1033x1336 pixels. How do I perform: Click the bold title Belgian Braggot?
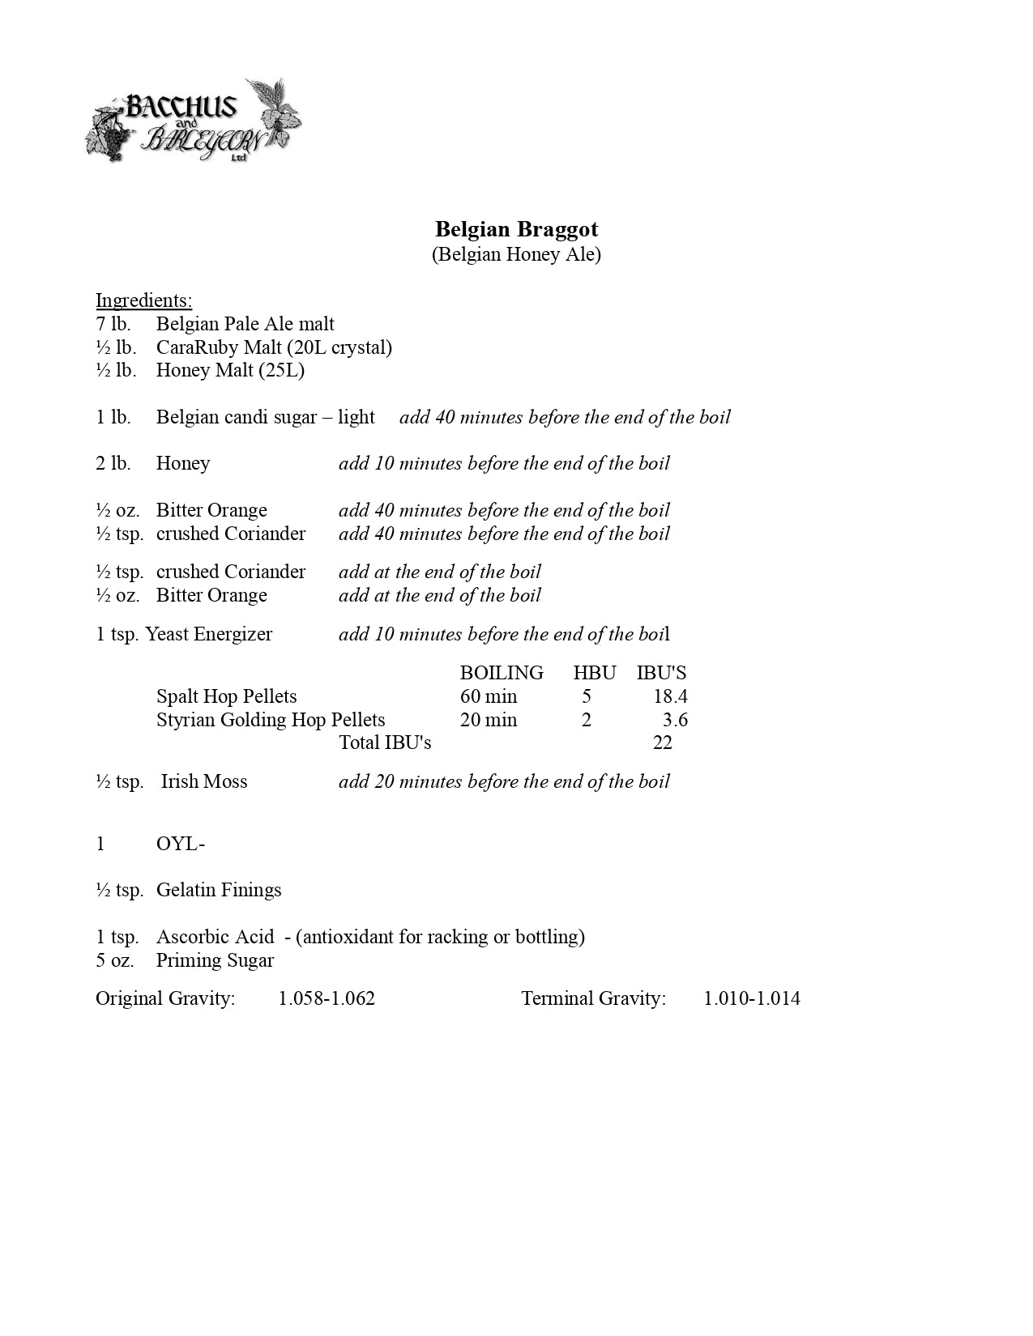pyautogui.click(x=516, y=229)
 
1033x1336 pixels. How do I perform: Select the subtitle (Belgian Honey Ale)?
pyautogui.click(x=516, y=254)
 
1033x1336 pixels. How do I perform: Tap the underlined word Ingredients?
pyautogui.click(x=143, y=300)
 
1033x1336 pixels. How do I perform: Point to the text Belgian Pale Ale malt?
pyautogui.click(x=245, y=324)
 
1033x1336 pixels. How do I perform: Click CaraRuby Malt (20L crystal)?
pyautogui.click(x=274, y=347)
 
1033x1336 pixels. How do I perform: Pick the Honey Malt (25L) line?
pyautogui.click(x=230, y=370)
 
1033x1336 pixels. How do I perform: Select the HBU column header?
pyautogui.click(x=594, y=673)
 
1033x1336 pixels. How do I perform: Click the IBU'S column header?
pyautogui.click(x=661, y=673)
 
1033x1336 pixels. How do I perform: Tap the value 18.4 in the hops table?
pyautogui.click(x=670, y=696)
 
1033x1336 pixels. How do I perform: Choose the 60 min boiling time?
pyautogui.click(x=488, y=696)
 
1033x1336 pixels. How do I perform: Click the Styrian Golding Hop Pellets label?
pyautogui.click(x=271, y=720)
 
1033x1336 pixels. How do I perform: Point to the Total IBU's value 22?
pyautogui.click(x=662, y=742)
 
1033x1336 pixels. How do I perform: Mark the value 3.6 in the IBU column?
pyautogui.click(x=675, y=720)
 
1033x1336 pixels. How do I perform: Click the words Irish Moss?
pyautogui.click(x=204, y=781)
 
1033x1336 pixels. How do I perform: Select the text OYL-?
pyautogui.click(x=180, y=844)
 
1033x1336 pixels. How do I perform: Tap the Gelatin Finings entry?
pyautogui.click(x=219, y=890)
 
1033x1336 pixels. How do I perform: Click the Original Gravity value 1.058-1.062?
pyautogui.click(x=327, y=998)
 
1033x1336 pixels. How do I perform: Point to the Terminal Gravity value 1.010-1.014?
pyautogui.click(x=751, y=998)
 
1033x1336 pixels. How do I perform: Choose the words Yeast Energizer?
pyautogui.click(x=209, y=634)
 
